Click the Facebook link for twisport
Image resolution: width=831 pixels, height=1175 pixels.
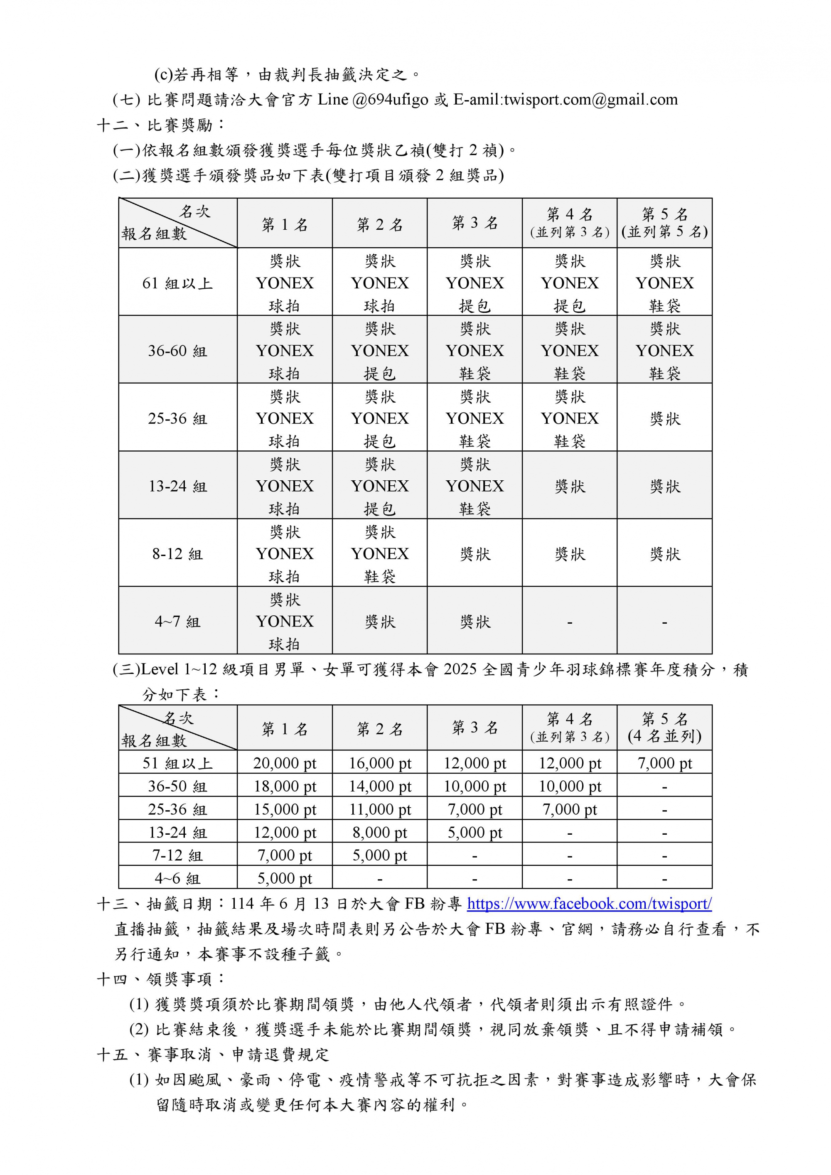pyautogui.click(x=589, y=903)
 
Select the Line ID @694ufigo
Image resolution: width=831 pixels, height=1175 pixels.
pyautogui.click(x=390, y=99)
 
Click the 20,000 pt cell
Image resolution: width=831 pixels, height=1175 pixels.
pyautogui.click(x=285, y=763)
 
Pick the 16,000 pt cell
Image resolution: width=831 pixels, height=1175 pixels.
pyautogui.click(x=380, y=763)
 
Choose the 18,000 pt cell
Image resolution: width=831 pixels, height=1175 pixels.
pyautogui.click(x=285, y=786)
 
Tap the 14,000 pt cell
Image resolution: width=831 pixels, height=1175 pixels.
pyautogui.click(x=380, y=786)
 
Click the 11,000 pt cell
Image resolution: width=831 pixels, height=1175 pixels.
pyautogui.click(x=380, y=809)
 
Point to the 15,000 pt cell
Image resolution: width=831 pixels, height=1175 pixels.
pyautogui.click(x=285, y=809)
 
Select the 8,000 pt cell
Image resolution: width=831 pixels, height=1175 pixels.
pyautogui.click(x=380, y=832)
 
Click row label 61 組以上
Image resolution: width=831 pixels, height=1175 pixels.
pyautogui.click(x=177, y=283)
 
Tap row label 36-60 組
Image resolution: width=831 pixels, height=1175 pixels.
pyautogui.click(x=177, y=351)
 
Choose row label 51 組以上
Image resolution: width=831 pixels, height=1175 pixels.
pyautogui.click(x=177, y=763)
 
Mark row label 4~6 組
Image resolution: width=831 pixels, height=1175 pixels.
pyautogui.click(x=177, y=878)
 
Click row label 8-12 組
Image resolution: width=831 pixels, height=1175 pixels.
pyautogui.click(x=177, y=554)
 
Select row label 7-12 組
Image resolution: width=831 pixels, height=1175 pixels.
pyautogui.click(x=177, y=855)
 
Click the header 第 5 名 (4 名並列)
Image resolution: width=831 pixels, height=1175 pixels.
pyautogui.click(x=664, y=728)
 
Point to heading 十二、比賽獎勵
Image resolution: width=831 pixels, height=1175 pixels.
pyautogui.click(x=161, y=125)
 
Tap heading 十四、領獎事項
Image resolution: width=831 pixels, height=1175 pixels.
pyautogui.click(x=161, y=979)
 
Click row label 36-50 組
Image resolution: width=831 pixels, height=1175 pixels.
pyautogui.click(x=177, y=786)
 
